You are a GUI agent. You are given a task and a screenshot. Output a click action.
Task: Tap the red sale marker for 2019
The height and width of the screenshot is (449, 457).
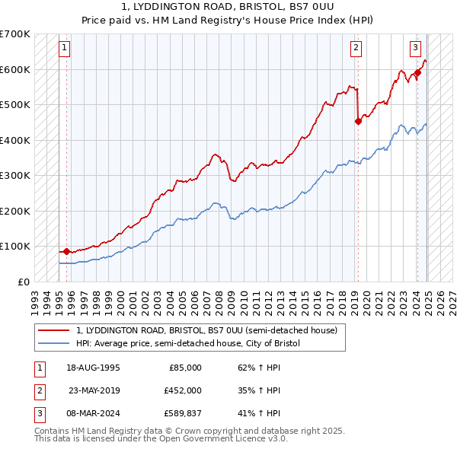pos(358,121)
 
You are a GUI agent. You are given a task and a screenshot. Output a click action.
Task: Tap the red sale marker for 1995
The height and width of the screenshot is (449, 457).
pos(66,251)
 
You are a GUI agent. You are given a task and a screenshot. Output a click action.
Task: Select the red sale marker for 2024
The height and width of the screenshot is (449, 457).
pos(417,73)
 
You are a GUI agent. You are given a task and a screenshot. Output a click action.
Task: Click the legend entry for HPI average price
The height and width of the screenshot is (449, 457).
pos(188,343)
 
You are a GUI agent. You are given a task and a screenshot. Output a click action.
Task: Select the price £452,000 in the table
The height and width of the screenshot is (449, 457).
pos(183,390)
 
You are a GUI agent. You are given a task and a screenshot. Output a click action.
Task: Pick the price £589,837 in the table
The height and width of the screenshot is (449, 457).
pos(183,413)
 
